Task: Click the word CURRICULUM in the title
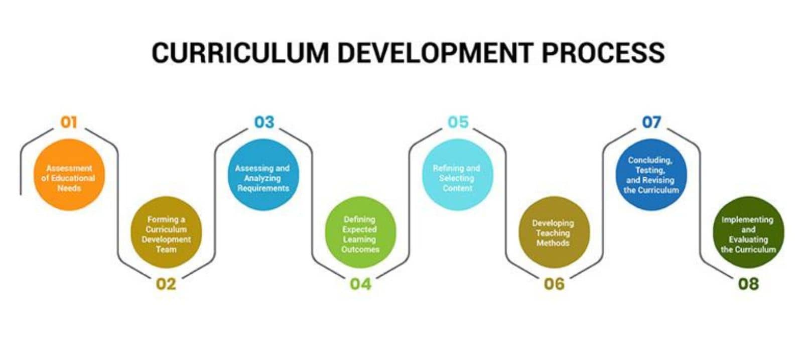[240, 53]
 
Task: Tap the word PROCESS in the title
[603, 53]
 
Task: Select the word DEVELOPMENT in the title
[435, 53]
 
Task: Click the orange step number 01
[69, 123]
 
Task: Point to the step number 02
[166, 284]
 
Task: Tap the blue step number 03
[264, 123]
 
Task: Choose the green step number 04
[361, 284]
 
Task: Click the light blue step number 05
[458, 123]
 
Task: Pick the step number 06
[554, 284]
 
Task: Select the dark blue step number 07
[651, 123]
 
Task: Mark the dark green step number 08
[748, 284]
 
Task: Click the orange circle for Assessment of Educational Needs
[69, 175]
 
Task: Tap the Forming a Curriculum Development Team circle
[166, 232]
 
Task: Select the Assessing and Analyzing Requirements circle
[263, 175]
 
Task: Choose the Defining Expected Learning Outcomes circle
[361, 232]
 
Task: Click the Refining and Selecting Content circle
[457, 175]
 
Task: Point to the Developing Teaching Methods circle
[554, 232]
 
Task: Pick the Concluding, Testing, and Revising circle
[651, 175]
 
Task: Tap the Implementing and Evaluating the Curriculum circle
[748, 232]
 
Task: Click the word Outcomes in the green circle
[360, 249]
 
